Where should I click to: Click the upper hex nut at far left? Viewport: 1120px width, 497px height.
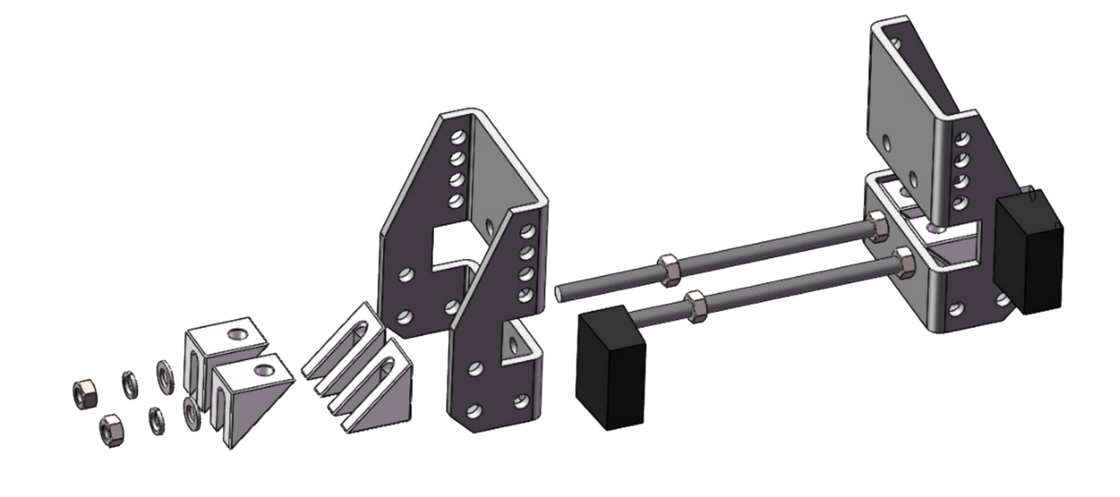pos(84,390)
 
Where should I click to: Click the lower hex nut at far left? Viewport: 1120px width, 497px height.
pos(110,428)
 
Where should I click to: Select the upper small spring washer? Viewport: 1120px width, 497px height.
pos(130,382)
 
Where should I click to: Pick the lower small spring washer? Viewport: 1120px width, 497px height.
pos(155,420)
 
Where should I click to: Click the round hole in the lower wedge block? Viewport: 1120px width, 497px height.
pos(266,368)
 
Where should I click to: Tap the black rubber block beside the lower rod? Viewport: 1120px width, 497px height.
pos(611,367)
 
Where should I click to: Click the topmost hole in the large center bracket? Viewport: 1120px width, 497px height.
pos(455,136)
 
